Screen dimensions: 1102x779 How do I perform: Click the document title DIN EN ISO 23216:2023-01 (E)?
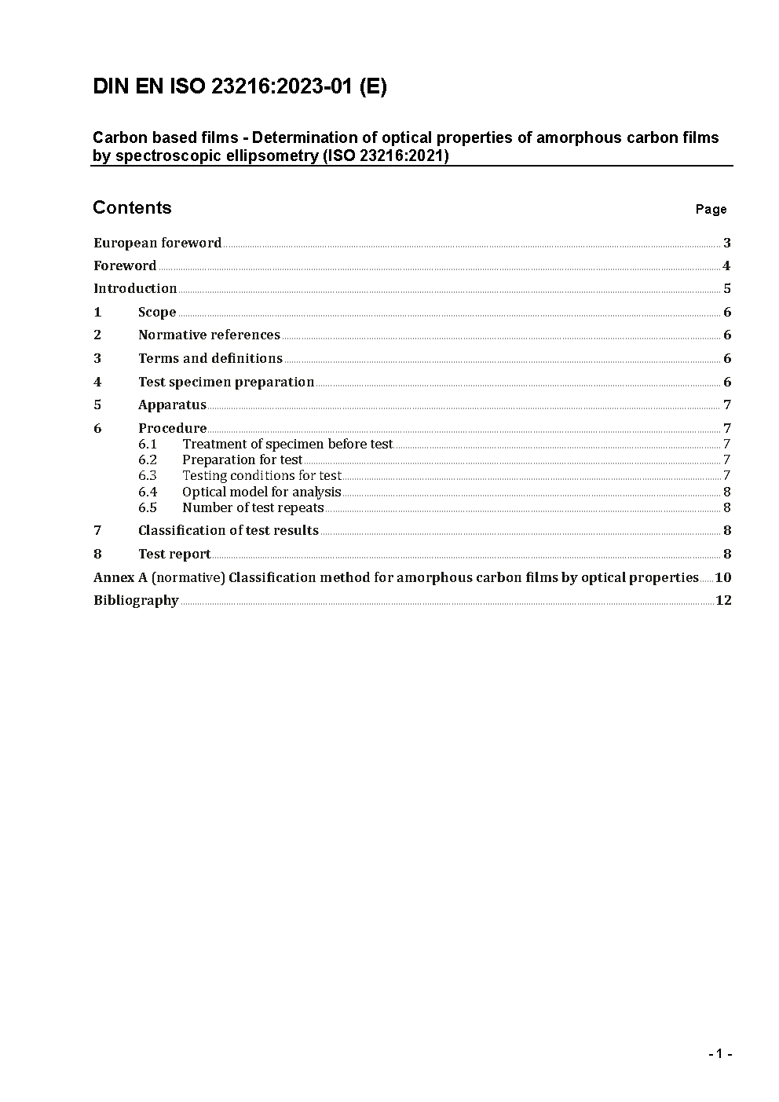[x=240, y=87]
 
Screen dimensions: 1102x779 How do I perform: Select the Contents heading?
[x=132, y=207]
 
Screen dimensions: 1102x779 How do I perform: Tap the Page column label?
[x=711, y=209]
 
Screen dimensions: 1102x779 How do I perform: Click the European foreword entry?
[x=157, y=243]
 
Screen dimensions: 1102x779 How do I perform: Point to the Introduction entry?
[x=135, y=288]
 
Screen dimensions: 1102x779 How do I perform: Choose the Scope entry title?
[x=157, y=312]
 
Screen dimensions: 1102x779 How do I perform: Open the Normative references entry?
[x=209, y=335]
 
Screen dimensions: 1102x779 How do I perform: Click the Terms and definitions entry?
[x=210, y=358]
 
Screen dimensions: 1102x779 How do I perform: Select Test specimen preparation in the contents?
[x=226, y=382]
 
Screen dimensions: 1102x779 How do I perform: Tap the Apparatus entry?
[x=172, y=405]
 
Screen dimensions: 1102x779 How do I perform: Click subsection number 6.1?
[x=148, y=444]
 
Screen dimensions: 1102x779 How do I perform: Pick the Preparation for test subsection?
[x=242, y=459]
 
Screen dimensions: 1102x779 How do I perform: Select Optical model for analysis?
[x=261, y=492]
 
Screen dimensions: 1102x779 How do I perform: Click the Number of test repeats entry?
[x=253, y=507]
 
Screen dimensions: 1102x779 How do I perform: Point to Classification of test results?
[x=229, y=530]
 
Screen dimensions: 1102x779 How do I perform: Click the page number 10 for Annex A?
[x=722, y=577]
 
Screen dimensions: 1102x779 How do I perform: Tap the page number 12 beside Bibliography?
[x=723, y=600]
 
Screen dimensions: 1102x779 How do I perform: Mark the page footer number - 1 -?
[x=720, y=1053]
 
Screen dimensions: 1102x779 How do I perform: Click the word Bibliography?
[x=136, y=600]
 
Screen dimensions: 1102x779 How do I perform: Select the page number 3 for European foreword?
[x=727, y=243]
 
